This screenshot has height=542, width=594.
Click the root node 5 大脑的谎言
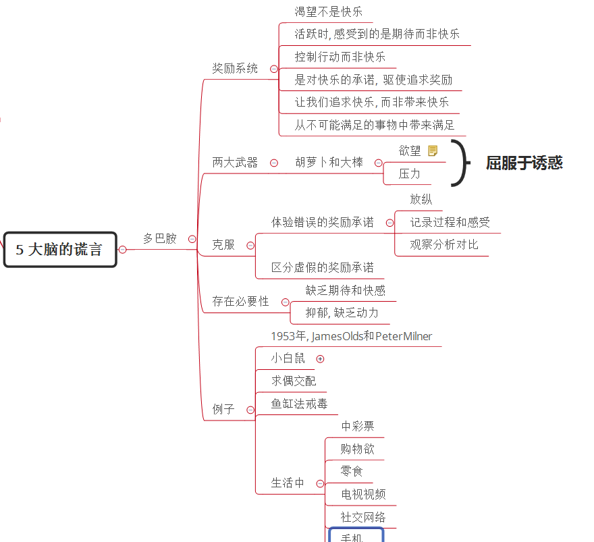pos(60,250)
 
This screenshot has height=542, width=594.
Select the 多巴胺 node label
pos(160,239)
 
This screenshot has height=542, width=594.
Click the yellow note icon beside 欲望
pos(433,151)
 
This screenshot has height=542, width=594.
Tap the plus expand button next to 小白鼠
pos(320,358)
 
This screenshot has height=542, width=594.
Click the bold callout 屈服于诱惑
pos(524,163)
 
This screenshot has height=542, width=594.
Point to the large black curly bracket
pos(462,163)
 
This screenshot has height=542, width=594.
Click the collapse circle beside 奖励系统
pos(274,69)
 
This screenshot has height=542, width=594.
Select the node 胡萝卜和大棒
pos(329,163)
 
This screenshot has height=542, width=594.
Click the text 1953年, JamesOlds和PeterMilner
pos(352,336)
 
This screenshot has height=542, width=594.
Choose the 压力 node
pos(410,174)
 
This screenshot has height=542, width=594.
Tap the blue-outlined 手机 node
pos(356,535)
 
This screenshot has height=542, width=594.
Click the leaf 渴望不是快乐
pos(329,11)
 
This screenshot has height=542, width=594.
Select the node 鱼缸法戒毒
pos(299,404)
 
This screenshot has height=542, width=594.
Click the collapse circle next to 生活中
pos(320,484)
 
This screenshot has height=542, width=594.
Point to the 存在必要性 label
pos(240,302)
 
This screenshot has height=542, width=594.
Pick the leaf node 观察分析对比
pos(444,245)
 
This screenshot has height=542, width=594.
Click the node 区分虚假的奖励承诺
pos(323,268)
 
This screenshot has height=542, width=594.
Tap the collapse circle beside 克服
pos(250,246)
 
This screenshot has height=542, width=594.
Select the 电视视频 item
pos(363,494)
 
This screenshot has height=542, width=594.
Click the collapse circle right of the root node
pos(122,250)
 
